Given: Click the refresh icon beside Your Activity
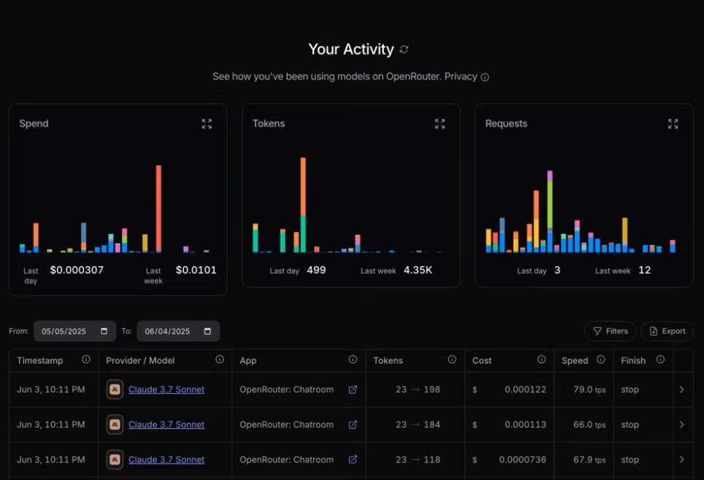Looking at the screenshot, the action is pos(404,50).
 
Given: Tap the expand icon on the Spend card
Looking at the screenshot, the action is pos(207,124).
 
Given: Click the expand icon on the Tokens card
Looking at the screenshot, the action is pos(440,124).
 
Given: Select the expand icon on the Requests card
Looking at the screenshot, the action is pos(673,124).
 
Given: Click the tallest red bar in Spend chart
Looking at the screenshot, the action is pos(158,209).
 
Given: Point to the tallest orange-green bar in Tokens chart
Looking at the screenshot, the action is pos(303,205).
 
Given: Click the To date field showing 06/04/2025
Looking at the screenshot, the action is pos(178,331).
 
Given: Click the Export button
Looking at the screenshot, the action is pos(667,331).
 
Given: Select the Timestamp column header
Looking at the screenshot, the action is pos(40,360).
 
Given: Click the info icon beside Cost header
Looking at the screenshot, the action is pos(541,360).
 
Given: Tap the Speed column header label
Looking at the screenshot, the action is pos(575,360).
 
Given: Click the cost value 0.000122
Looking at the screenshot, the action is pos(525,390).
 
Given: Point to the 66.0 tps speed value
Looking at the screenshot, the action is pos(589,425).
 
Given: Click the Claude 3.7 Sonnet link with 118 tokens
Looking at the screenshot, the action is pos(166,460).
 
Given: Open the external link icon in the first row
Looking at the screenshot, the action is pos(353,390).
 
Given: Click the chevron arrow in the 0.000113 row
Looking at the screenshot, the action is pos(681,425).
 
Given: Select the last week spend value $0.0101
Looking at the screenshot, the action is pos(196,270).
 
